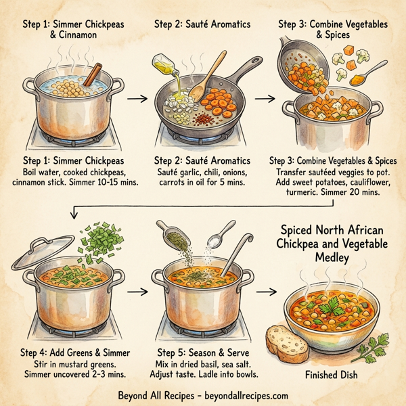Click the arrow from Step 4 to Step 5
click(x=138, y=292)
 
